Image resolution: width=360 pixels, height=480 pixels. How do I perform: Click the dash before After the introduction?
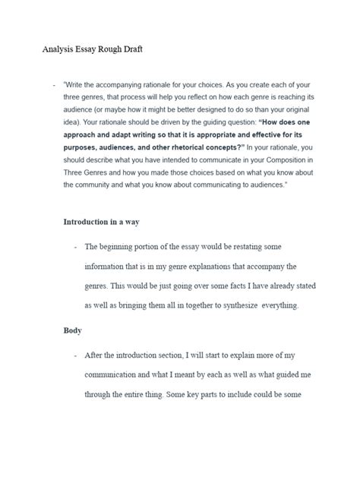(75, 355)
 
